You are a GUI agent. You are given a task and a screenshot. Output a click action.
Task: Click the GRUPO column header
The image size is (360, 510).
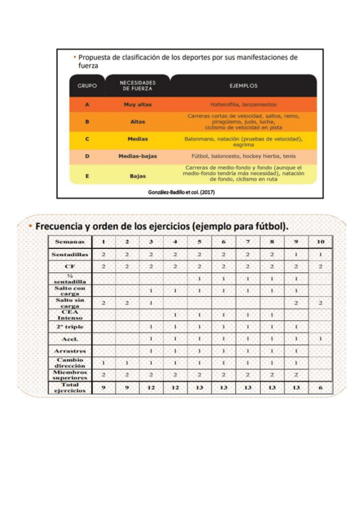(x=87, y=85)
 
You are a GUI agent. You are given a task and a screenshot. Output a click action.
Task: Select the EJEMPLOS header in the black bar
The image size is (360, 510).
(x=243, y=85)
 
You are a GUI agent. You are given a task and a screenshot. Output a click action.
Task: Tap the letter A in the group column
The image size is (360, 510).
(x=87, y=104)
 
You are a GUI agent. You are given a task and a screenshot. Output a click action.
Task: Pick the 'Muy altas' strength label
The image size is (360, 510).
(x=138, y=104)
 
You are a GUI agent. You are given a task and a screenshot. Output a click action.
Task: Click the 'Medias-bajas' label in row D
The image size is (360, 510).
(x=138, y=156)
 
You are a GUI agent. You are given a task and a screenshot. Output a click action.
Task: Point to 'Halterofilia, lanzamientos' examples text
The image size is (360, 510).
(x=243, y=104)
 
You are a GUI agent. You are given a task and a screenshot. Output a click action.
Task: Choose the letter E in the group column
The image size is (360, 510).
(x=87, y=176)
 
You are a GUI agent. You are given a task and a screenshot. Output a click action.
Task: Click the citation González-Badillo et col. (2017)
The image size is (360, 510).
(x=181, y=192)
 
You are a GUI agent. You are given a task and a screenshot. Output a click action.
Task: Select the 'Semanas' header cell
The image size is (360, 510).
(x=70, y=242)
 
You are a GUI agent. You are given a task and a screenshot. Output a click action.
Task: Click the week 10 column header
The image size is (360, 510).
(x=320, y=242)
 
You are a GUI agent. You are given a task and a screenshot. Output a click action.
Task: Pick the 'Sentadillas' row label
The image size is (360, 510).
(x=70, y=254)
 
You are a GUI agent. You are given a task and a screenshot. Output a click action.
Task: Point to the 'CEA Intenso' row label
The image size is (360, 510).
(x=70, y=315)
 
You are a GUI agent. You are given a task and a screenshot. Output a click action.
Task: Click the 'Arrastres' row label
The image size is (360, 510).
(x=70, y=351)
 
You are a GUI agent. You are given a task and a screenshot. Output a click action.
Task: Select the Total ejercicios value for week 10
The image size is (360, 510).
(x=320, y=388)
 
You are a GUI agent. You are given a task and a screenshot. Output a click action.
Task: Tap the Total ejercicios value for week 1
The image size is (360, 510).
(x=103, y=388)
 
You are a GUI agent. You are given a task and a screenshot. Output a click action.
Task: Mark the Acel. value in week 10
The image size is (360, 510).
(x=320, y=339)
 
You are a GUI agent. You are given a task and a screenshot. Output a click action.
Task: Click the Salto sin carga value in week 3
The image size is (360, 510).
(x=151, y=303)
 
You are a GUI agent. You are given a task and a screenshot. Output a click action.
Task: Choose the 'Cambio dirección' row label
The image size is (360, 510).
(x=70, y=363)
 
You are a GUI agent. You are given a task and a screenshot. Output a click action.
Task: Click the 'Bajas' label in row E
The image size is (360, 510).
(x=138, y=176)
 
